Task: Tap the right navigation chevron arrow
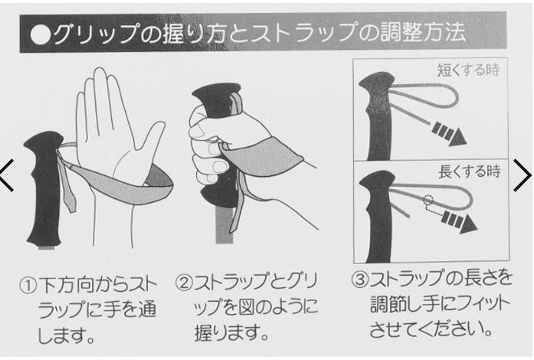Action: point(522,175)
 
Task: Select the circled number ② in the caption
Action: point(184,282)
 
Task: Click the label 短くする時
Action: point(468,70)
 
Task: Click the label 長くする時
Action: point(469,171)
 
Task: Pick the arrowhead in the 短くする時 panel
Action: point(456,137)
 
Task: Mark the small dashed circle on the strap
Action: point(428,200)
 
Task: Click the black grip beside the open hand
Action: point(44,191)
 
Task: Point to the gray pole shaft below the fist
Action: point(225,225)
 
